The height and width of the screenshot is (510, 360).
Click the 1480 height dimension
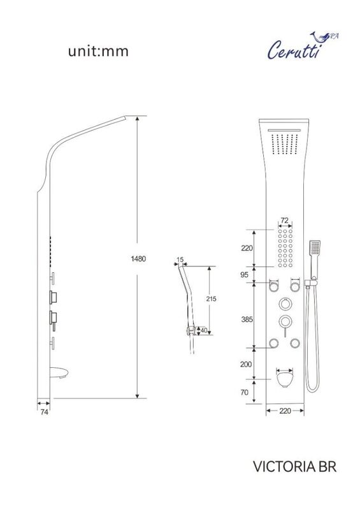point(138,259)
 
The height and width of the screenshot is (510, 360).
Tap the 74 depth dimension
point(44,412)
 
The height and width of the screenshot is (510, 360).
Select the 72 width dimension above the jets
point(285,220)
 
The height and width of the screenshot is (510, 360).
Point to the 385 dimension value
point(247,319)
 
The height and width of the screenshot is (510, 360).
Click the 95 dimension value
point(244,275)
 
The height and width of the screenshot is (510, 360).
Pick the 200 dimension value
point(246,364)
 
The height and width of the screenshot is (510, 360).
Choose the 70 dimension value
point(244,392)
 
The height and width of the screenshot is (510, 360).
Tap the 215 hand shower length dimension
point(211,298)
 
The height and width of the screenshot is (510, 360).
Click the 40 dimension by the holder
point(204,330)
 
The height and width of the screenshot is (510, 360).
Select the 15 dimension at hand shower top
point(180,259)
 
